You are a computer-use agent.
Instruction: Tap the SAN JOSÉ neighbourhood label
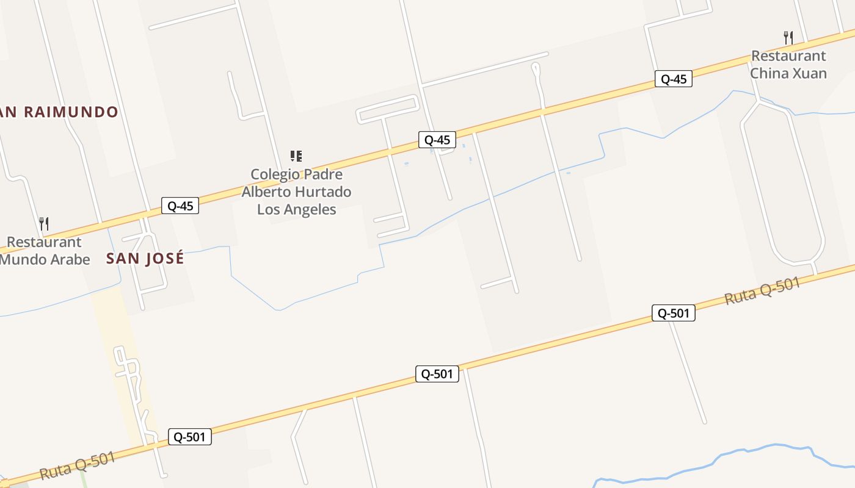[x=145, y=259]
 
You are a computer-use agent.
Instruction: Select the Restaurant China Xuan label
[x=788, y=65]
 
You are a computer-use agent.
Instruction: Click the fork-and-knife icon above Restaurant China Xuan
[x=788, y=38]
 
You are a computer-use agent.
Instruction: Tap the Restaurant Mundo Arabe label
[x=44, y=251]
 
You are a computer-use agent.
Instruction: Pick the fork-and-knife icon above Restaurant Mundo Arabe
[x=44, y=224]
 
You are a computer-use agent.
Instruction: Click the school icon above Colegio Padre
[x=296, y=156]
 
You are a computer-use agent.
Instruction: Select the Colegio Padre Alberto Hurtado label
[x=296, y=192]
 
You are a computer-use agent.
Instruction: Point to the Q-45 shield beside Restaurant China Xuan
[x=673, y=79]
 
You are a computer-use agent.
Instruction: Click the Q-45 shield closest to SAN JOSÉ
[x=180, y=206]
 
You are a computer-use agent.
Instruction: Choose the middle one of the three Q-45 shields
[x=437, y=140]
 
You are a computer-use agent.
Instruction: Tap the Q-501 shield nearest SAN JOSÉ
[x=190, y=437]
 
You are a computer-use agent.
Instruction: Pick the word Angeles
[x=313, y=209]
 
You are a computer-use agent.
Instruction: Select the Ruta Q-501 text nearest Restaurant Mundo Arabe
[x=77, y=465]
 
